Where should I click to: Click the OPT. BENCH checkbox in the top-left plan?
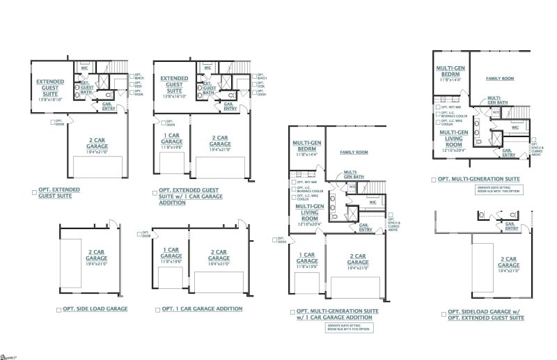click(131, 77)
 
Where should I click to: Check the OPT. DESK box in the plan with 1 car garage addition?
click(253, 86)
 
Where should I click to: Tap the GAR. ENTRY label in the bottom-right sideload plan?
click(511, 226)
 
